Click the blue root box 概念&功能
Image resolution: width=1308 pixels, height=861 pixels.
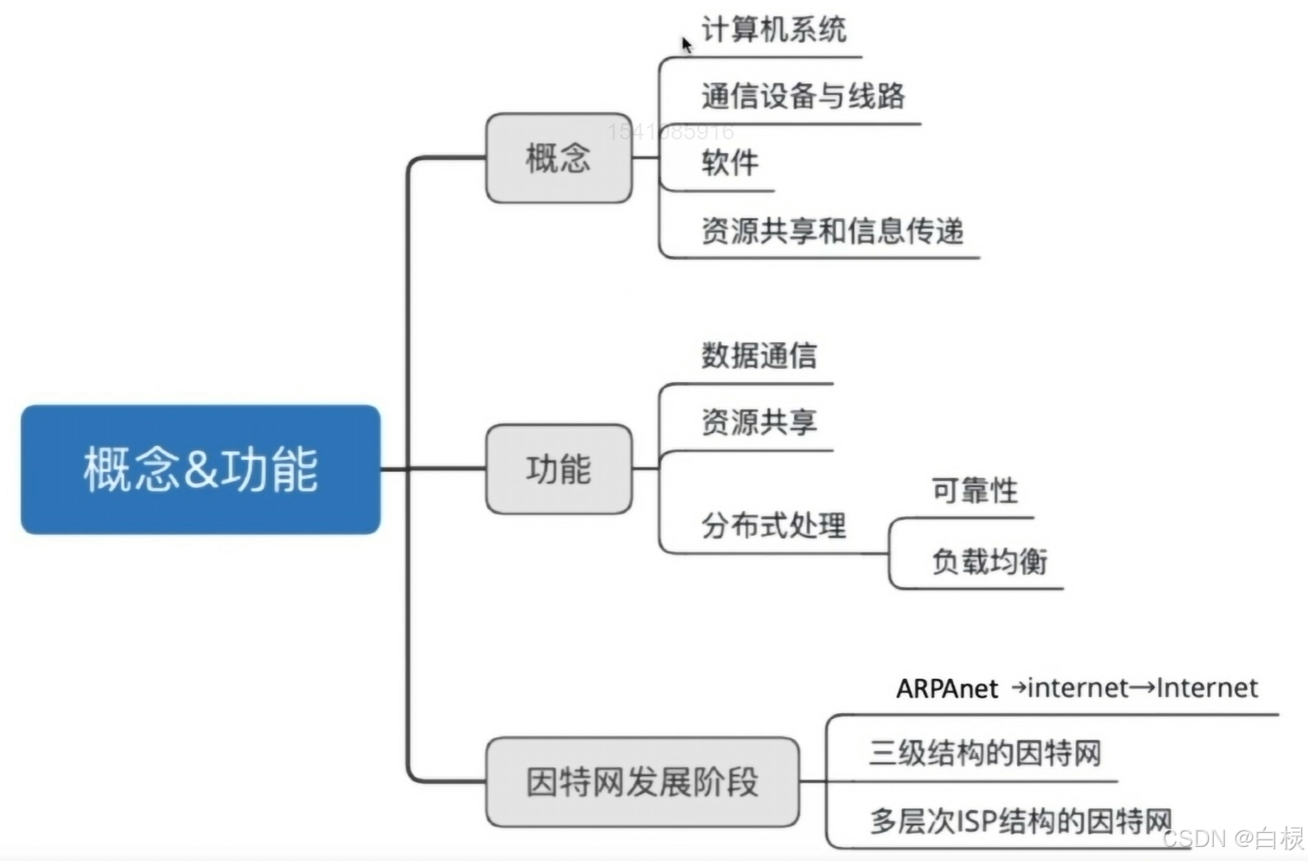tap(201, 469)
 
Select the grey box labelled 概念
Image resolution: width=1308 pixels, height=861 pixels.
tap(559, 158)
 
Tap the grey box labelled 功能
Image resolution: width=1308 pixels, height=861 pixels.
tap(559, 469)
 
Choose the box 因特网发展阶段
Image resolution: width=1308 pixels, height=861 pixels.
tap(642, 782)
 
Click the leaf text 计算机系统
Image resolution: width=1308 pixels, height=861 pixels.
tap(773, 31)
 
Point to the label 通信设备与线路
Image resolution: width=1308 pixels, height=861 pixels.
tap(803, 97)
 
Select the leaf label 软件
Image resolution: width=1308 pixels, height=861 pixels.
tap(730, 163)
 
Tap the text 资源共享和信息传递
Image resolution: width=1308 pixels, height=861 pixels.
tap(832, 231)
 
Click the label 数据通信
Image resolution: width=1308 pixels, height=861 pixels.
tap(758, 356)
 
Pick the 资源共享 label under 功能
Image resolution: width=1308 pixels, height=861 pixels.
tap(758, 423)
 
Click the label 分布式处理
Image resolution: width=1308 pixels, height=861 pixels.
tap(773, 525)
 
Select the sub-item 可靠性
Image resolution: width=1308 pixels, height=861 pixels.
tap(975, 491)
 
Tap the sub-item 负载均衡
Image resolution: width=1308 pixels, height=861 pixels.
tap(989, 561)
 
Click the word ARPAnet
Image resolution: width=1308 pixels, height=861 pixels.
tap(947, 688)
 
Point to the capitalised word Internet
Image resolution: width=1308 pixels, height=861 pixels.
tap(1206, 688)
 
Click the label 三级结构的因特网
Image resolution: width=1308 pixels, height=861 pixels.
tap(985, 753)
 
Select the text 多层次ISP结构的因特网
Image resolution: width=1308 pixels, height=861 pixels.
tap(1020, 821)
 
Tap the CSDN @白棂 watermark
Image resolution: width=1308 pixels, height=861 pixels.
tap(1233, 839)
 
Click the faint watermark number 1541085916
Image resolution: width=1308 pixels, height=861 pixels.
tap(670, 131)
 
